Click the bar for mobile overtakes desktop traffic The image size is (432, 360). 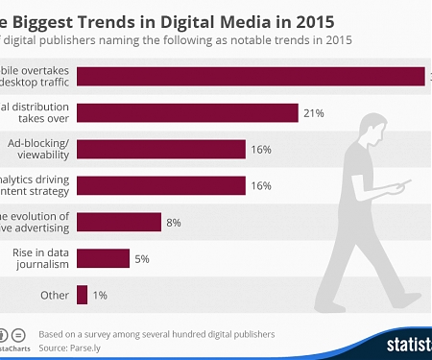250,77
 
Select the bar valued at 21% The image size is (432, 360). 187,113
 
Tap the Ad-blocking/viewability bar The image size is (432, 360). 160,149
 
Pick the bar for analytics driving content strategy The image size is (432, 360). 160,185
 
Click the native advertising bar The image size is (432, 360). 118,222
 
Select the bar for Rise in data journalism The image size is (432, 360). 103,257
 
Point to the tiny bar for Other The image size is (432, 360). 83,294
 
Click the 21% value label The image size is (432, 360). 313,113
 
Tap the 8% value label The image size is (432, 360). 174,222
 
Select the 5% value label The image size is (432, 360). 142,258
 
